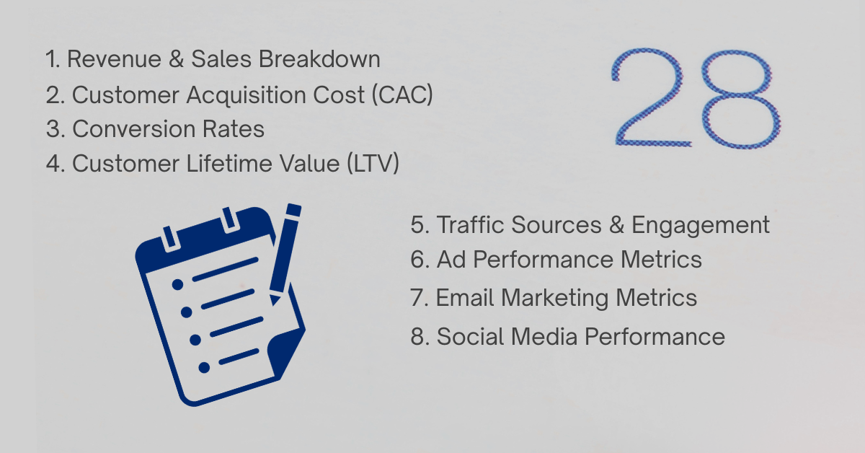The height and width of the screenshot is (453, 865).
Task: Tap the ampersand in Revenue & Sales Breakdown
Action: click(x=174, y=59)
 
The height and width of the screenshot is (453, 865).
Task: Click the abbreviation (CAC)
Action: click(x=402, y=94)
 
